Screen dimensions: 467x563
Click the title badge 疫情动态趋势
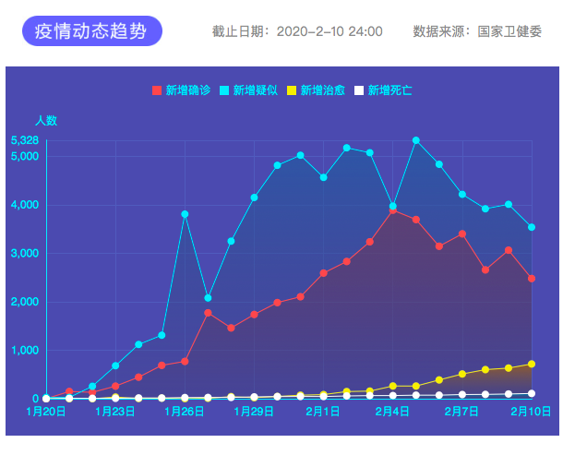[x=91, y=31]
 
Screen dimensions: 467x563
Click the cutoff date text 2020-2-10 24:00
[x=329, y=31]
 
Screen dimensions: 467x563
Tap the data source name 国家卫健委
[x=509, y=31]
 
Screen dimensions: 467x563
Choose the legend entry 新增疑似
[x=248, y=90]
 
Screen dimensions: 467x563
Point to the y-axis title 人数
[x=46, y=120]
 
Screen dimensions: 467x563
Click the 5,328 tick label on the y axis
[x=25, y=140]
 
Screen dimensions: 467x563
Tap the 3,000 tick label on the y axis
[x=25, y=253]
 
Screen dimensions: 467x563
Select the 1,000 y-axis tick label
[x=25, y=351]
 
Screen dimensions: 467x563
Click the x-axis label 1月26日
[x=185, y=411]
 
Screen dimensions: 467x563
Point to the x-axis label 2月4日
[x=392, y=411]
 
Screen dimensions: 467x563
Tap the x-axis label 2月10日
[x=532, y=411]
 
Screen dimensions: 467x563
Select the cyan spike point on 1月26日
[x=185, y=214]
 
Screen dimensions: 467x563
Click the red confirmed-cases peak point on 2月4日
[x=393, y=210]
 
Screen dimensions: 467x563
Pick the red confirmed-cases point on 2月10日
[x=532, y=278]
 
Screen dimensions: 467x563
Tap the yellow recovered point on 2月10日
[x=532, y=364]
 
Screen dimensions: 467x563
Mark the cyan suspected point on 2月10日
[x=532, y=227]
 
